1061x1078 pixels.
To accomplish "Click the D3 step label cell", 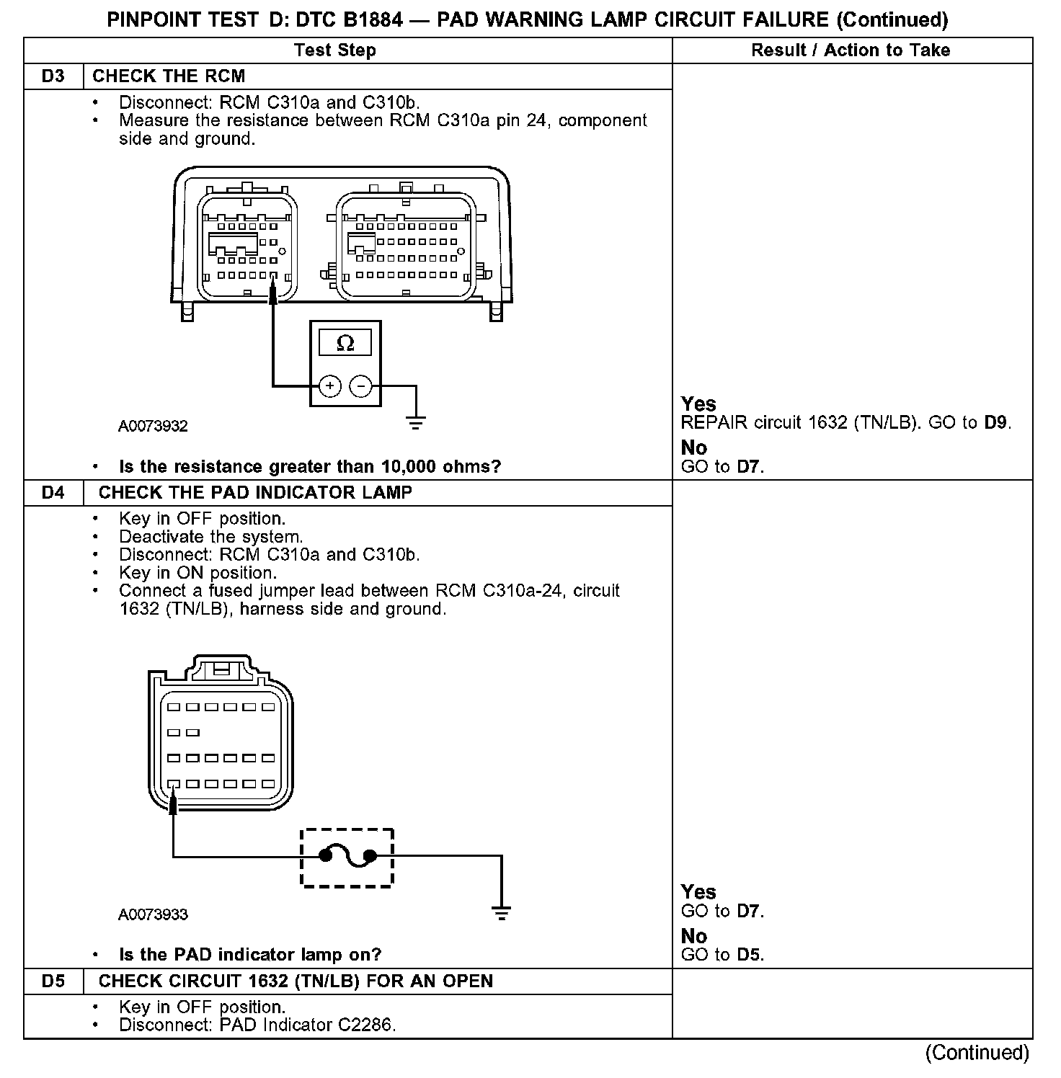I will [x=53, y=76].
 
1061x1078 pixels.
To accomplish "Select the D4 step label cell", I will [x=53, y=493].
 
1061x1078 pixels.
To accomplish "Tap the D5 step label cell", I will [x=53, y=981].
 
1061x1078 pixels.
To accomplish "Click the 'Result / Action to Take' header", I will [x=851, y=50].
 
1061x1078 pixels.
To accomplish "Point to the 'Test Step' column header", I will [x=335, y=50].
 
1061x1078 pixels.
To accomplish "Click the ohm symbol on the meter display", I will [x=345, y=344].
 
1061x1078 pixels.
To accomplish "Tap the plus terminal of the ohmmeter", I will [x=329, y=386].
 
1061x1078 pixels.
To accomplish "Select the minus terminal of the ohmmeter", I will [x=360, y=386].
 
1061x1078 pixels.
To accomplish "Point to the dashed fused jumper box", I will [x=347, y=857].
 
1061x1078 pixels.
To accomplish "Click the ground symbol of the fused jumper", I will [x=502, y=912].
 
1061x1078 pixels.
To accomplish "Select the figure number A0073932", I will [x=153, y=427].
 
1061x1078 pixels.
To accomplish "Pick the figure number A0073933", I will [x=153, y=915].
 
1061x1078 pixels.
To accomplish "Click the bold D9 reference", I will [x=996, y=423].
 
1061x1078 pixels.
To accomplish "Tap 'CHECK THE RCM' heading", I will [x=169, y=76].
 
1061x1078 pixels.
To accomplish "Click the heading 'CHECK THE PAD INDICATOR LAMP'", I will [x=255, y=493].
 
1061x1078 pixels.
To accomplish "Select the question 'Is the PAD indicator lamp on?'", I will [x=249, y=955].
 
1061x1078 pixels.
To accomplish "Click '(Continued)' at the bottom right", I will [x=977, y=1053].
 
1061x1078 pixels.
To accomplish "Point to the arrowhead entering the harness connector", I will [x=174, y=804].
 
